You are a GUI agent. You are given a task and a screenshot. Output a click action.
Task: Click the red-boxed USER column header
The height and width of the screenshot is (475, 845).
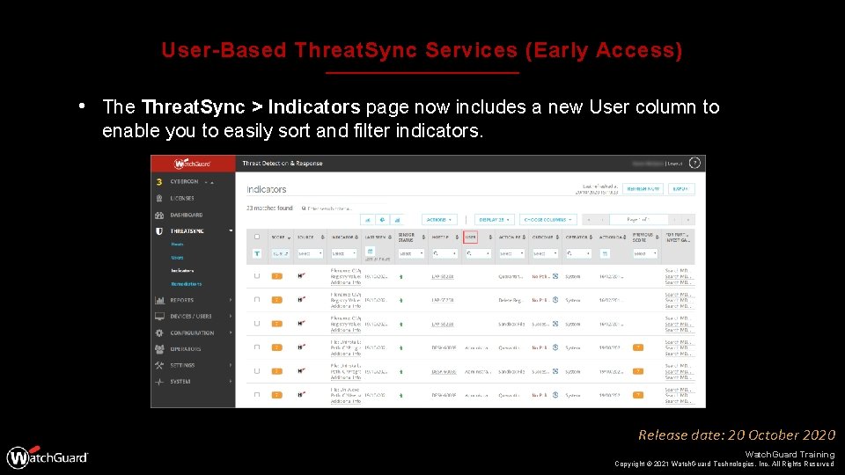click(470, 237)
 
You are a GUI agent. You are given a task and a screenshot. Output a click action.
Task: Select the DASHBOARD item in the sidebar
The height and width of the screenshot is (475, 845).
click(186, 215)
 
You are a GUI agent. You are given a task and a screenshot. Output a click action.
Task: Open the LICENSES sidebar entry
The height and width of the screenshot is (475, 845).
click(182, 198)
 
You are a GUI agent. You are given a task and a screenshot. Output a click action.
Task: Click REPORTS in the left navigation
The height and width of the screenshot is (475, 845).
click(182, 300)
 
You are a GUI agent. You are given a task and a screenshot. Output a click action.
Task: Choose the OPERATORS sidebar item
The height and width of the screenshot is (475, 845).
click(185, 349)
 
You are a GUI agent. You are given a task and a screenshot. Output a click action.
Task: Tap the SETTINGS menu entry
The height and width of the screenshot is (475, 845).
click(182, 365)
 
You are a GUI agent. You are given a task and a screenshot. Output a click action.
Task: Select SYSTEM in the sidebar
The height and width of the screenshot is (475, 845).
click(180, 382)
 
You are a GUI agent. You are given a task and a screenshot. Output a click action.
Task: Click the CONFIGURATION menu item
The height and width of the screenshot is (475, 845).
click(192, 332)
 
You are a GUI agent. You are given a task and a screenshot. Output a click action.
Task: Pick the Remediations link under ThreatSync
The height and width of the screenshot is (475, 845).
click(186, 284)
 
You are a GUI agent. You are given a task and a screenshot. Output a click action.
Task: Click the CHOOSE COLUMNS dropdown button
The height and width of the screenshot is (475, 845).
click(547, 219)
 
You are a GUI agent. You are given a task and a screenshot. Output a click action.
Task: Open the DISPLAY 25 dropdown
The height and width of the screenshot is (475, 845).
click(496, 219)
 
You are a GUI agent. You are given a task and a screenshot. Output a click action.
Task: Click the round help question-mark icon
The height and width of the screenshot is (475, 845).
click(695, 164)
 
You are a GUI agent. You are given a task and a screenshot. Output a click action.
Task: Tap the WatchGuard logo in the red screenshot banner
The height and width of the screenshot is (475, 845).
click(193, 164)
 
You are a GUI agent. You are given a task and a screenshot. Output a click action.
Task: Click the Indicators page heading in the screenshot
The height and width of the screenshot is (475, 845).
click(267, 189)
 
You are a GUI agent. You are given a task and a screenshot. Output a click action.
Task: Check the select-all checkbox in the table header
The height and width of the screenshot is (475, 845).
click(257, 237)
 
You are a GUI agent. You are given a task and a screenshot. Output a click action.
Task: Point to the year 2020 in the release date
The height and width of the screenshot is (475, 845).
click(818, 435)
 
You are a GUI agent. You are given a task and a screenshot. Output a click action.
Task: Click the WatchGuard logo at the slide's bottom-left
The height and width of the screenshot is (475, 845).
click(48, 457)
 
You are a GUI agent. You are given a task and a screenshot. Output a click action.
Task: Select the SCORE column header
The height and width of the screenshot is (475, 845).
click(279, 237)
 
